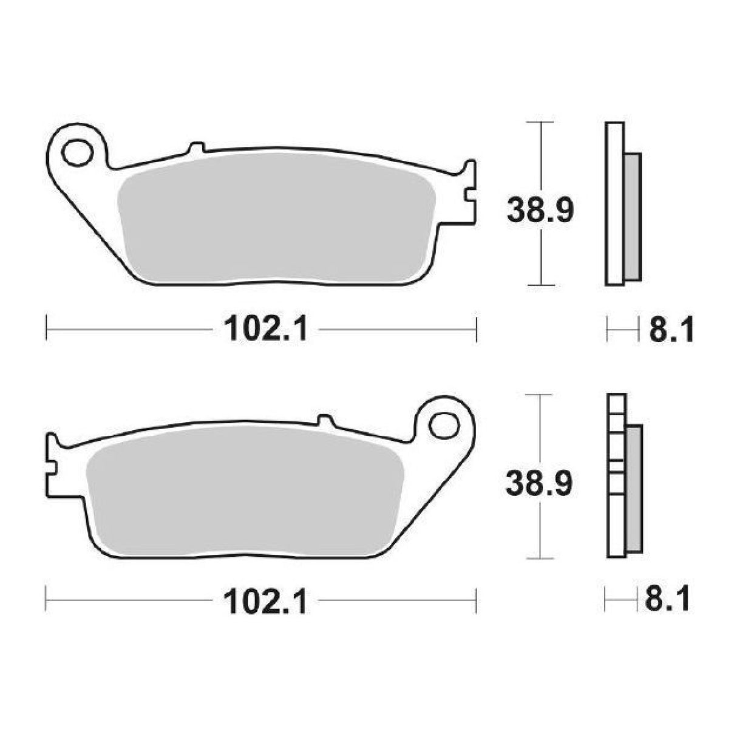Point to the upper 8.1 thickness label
pos(671,331)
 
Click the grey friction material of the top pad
pos(276,219)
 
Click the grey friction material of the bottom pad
pos(243,492)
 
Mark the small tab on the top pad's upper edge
pos(197,148)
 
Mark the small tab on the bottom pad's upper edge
pos(325,420)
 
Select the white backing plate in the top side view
pos(613,203)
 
